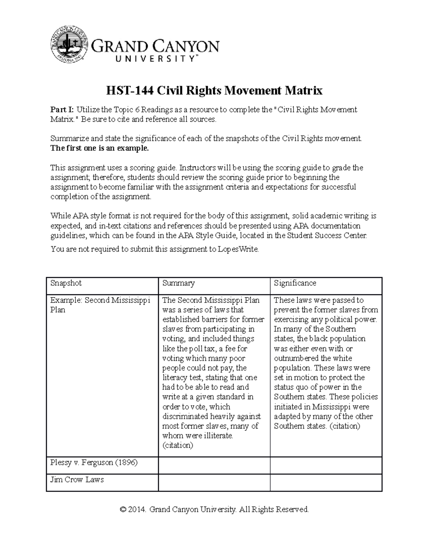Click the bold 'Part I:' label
click(x=62, y=110)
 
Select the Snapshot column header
click(x=66, y=283)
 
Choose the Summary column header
click(x=178, y=283)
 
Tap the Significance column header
click(x=295, y=283)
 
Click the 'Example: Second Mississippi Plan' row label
click(x=100, y=305)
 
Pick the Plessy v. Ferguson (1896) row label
click(x=94, y=463)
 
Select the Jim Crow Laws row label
click(x=77, y=480)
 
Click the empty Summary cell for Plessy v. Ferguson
click(x=214, y=465)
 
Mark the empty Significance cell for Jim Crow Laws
click(x=326, y=482)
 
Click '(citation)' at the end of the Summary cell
click(x=178, y=445)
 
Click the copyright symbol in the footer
click(x=124, y=509)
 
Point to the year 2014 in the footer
click(x=138, y=509)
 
